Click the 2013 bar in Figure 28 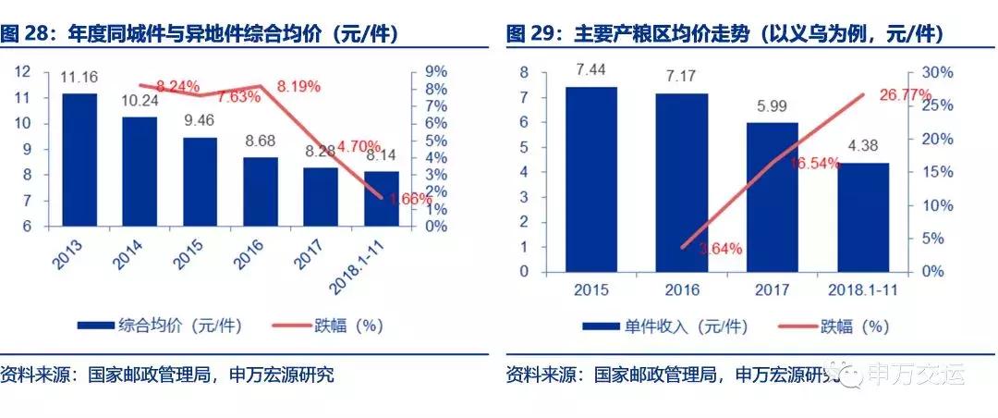pos(79,159)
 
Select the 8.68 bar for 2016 pos(262,191)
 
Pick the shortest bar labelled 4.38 pos(863,217)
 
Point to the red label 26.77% pos(876,94)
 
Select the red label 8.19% pos(298,86)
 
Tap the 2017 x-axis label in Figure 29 pos(773,290)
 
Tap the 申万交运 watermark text pos(915,374)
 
